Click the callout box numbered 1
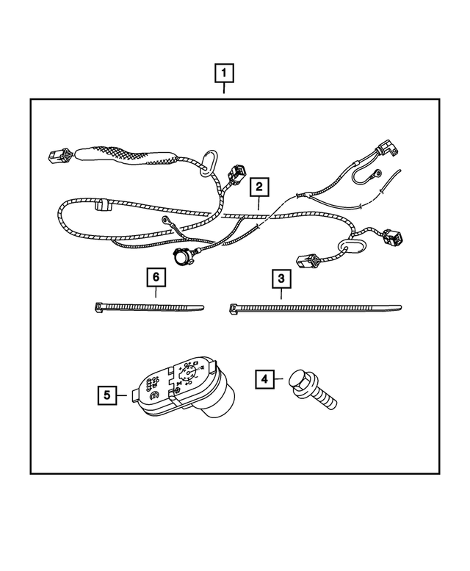225,73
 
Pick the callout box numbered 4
264,379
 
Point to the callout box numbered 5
108,395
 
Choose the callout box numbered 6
155,278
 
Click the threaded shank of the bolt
327,399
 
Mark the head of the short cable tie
100,306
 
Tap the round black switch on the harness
180,257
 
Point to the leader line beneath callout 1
225,90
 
